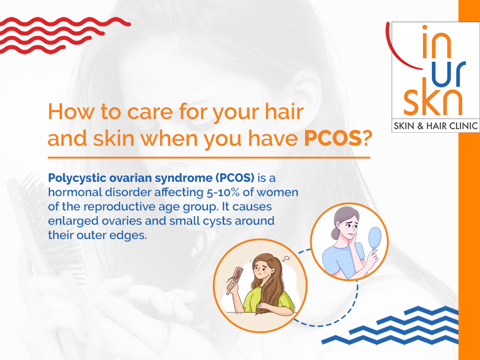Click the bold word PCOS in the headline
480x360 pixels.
point(333,139)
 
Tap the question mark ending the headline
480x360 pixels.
point(367,139)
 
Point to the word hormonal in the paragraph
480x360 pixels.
point(75,192)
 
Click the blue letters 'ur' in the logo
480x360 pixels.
point(449,74)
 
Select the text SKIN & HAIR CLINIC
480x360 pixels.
point(435,126)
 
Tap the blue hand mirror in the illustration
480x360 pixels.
point(375,240)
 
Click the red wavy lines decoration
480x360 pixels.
point(61,35)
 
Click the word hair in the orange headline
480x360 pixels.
point(284,112)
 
